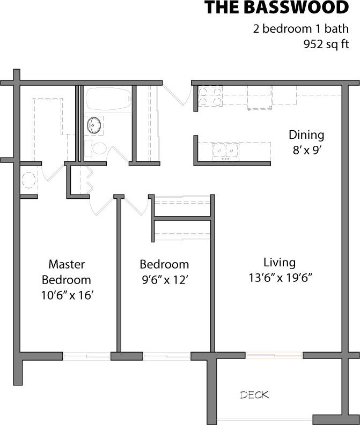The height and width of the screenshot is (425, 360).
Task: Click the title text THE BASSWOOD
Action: point(276,8)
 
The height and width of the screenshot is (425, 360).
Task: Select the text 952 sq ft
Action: point(326,45)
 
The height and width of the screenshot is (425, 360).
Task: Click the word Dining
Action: point(306,135)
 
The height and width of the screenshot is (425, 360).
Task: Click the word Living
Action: point(280,262)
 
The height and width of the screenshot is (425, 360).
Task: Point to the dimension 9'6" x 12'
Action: point(164,279)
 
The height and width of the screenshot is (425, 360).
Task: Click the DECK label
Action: point(254,396)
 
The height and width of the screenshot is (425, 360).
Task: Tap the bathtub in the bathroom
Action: point(108,98)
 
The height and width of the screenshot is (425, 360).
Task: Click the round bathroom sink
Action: point(94,125)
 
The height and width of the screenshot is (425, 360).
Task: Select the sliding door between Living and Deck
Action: point(275,355)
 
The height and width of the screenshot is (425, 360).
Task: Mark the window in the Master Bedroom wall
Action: point(87,355)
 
